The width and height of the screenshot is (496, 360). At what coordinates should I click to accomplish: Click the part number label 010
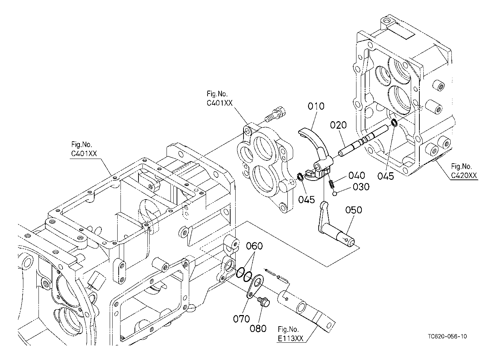coord(316,106)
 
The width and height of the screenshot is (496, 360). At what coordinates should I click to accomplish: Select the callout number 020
coord(338,125)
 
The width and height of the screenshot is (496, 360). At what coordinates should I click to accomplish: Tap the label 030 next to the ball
coord(361,187)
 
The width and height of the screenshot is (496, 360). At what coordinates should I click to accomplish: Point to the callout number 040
coord(357,176)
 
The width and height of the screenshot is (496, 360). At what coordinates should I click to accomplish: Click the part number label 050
coord(354,210)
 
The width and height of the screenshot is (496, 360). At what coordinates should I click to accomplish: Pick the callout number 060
coord(254,246)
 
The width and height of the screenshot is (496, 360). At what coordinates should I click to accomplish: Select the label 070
coord(241,319)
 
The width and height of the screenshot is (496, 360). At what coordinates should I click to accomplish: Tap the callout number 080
coord(258,329)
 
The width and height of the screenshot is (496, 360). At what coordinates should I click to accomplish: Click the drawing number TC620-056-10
coord(447,336)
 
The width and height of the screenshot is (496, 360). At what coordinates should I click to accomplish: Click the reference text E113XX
coord(291,339)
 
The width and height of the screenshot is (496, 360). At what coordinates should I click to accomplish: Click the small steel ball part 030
coord(335,194)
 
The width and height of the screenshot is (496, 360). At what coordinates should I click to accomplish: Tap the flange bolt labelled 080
coord(264,301)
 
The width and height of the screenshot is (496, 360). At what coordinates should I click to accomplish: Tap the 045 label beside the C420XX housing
coord(386,176)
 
